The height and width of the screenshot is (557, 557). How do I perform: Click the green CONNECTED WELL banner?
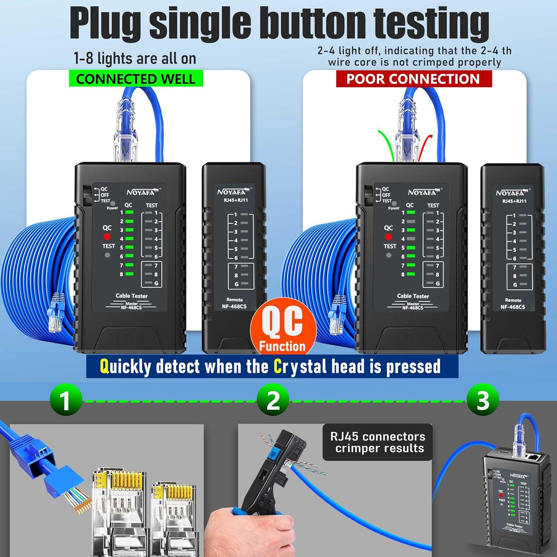[136, 79]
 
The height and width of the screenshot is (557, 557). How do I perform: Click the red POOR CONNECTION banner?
[413, 79]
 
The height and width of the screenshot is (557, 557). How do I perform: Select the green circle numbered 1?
[66, 400]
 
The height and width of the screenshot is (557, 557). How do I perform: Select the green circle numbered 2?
[273, 400]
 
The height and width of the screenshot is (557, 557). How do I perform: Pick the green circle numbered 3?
[483, 400]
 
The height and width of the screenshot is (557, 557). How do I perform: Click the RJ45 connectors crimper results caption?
[378, 442]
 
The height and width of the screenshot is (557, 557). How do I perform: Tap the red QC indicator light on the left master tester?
[107, 237]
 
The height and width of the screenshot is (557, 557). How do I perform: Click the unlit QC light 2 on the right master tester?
[411, 221]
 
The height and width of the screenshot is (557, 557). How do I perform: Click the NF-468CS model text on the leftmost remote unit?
[234, 306]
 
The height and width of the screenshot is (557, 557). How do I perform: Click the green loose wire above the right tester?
[384, 143]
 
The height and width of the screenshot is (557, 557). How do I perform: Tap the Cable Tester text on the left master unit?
[131, 296]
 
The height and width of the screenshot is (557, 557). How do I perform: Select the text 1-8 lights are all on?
[135, 59]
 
